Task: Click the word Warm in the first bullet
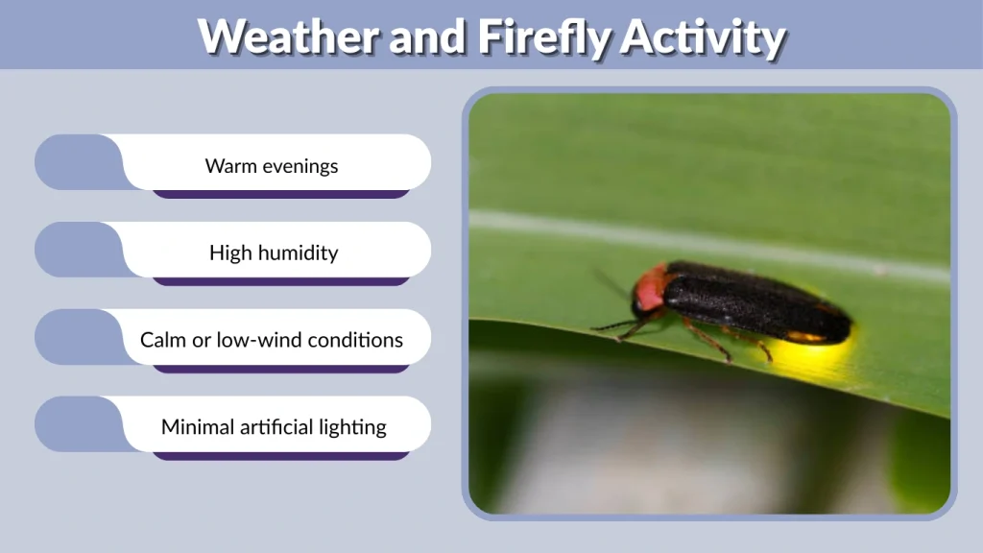pyautogui.click(x=229, y=166)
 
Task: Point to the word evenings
pyautogui.click(x=299, y=166)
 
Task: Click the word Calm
pyautogui.click(x=163, y=340)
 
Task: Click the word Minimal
pyautogui.click(x=196, y=427)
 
